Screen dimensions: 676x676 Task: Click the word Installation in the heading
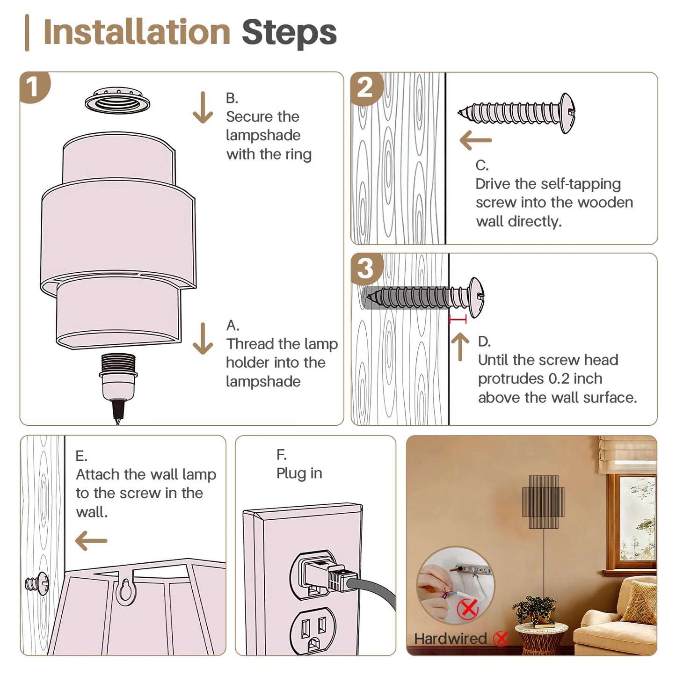pyautogui.click(x=137, y=32)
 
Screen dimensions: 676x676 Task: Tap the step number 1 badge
pyautogui.click(x=34, y=87)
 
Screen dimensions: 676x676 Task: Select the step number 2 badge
pyautogui.click(x=366, y=88)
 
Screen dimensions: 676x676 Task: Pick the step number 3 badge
pyautogui.click(x=366, y=269)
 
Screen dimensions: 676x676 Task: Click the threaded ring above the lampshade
pyautogui.click(x=117, y=101)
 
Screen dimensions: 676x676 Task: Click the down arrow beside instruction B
pyautogui.click(x=203, y=107)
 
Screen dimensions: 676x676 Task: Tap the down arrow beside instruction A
pyautogui.click(x=203, y=339)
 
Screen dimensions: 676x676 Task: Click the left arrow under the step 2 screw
pyautogui.click(x=475, y=140)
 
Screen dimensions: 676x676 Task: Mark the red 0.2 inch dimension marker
pyautogui.click(x=458, y=319)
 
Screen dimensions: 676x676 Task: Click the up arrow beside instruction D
pyautogui.click(x=460, y=347)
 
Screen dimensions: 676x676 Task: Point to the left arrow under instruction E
pyautogui.click(x=91, y=541)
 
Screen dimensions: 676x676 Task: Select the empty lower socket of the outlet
pyautogui.click(x=313, y=632)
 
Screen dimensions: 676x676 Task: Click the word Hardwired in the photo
pyautogui.click(x=451, y=639)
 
